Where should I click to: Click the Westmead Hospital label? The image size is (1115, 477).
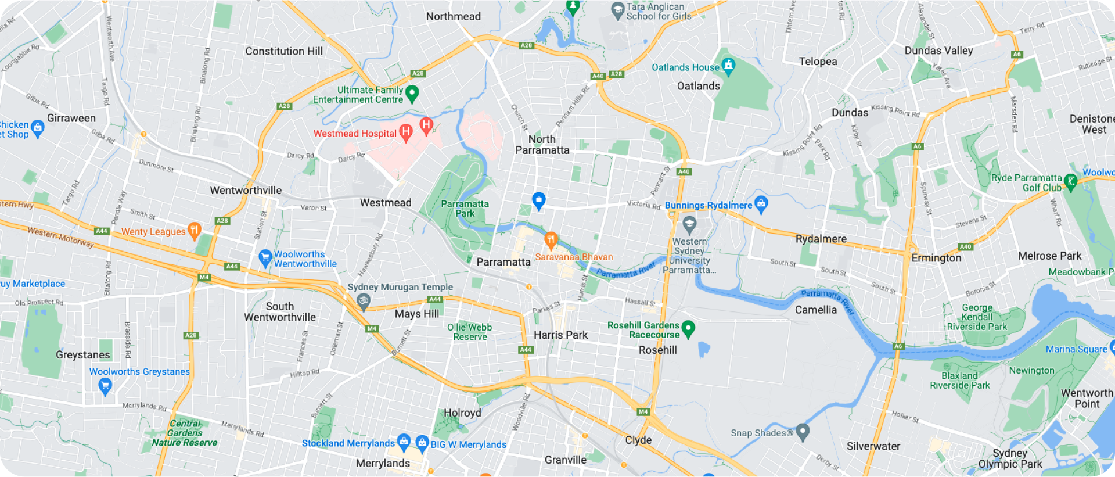(355, 134)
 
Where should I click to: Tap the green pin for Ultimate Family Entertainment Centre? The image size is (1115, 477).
(412, 93)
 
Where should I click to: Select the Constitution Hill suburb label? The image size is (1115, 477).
(284, 51)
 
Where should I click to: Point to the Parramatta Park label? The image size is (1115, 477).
(465, 209)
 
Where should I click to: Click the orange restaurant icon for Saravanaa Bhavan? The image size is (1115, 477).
(551, 239)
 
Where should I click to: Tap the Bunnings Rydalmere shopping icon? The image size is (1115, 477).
(761, 203)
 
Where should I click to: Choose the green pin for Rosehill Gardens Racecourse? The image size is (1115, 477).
(688, 328)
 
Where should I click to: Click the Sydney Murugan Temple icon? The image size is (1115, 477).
(364, 300)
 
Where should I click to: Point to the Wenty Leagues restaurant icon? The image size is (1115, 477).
(195, 230)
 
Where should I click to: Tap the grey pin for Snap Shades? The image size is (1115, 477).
(803, 432)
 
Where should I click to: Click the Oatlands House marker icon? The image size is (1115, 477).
(728, 66)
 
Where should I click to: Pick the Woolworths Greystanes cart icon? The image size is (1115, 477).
(105, 385)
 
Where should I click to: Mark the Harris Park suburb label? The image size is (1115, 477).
(560, 335)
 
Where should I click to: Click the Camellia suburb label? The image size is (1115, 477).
(816, 310)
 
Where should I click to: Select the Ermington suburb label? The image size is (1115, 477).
(936, 258)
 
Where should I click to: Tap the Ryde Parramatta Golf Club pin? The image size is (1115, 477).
(1071, 182)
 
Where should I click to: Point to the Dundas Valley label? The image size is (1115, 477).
(938, 51)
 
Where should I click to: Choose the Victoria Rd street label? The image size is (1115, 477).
(643, 205)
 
